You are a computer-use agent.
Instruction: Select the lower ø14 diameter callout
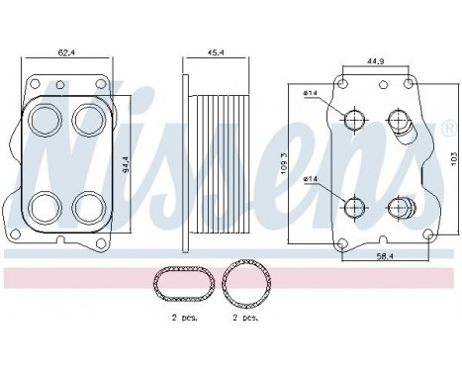pyautogui.click(x=309, y=179)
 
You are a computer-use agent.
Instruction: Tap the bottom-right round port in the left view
pyautogui.click(x=86, y=206)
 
